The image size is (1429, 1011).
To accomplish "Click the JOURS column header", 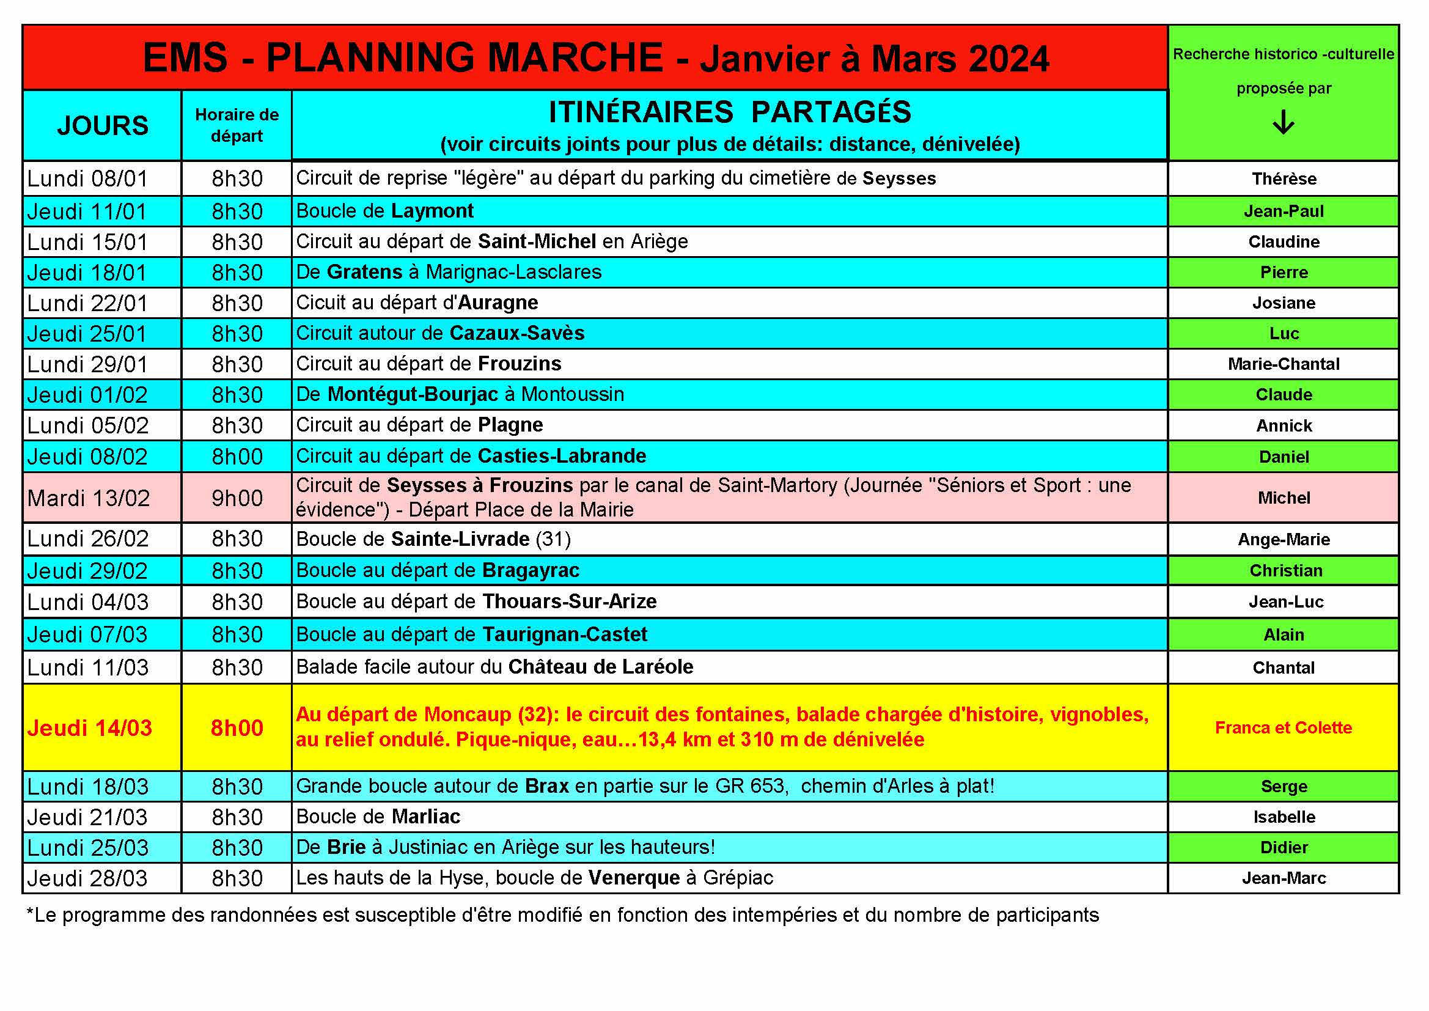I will click(x=103, y=125).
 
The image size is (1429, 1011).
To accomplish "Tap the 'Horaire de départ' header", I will click(x=237, y=125).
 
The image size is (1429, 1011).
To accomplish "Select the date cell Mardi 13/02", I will click(x=89, y=498).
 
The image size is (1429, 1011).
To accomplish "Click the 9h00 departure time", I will click(x=237, y=498).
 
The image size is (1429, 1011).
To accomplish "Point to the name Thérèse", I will click(x=1284, y=178).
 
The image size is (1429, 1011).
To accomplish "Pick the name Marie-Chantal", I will click(x=1284, y=364).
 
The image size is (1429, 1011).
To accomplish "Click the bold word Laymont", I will click(x=432, y=211).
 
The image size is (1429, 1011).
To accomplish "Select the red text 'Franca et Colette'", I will click(x=1284, y=727).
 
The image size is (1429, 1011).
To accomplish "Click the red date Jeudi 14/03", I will click(x=90, y=728).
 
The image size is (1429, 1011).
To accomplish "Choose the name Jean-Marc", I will click(x=1284, y=878).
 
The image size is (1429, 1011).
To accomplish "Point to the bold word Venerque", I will click(x=634, y=878).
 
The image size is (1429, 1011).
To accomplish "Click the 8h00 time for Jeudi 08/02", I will click(x=237, y=457).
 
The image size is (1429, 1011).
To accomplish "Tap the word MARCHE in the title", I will click(x=575, y=58).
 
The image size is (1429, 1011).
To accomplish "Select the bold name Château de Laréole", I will click(x=601, y=667).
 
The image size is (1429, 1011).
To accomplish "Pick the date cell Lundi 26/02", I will click(x=88, y=539).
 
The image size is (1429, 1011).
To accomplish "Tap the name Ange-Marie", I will click(x=1284, y=539).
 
